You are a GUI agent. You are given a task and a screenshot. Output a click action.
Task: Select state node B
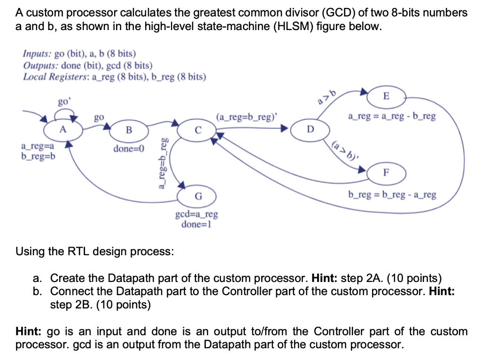tap(129, 129)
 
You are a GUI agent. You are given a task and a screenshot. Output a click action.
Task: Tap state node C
tap(198, 129)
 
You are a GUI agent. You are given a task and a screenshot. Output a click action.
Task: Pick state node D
tap(309, 129)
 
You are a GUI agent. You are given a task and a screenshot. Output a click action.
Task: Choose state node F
tap(386, 172)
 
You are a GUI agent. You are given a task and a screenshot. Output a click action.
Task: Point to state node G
tap(198, 196)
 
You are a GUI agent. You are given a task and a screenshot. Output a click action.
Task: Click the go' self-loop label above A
tap(63, 102)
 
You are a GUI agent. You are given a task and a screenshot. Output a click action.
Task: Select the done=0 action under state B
tap(129, 149)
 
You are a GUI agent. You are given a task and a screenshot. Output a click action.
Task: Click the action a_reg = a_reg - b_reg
tap(392, 116)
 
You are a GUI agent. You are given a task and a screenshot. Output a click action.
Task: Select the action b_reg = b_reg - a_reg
tap(392, 194)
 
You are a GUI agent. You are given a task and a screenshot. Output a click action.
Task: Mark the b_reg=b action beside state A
tap(38, 156)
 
